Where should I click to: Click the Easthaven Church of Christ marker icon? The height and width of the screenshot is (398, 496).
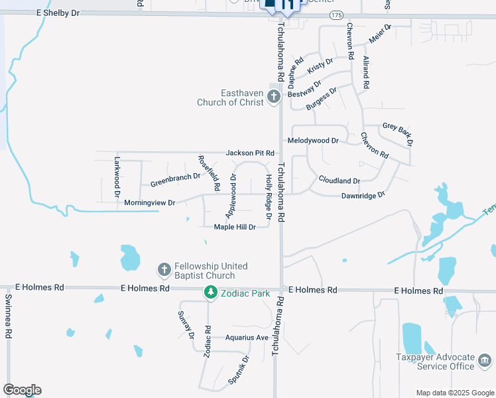(x=273, y=98)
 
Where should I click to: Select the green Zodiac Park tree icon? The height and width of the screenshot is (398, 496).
(x=211, y=292)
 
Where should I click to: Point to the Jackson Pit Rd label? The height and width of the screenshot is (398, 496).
(x=250, y=153)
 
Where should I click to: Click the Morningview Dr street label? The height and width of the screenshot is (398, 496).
(x=149, y=202)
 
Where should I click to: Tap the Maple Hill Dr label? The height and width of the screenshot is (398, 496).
(x=235, y=227)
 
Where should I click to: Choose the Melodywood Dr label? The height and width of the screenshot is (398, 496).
(x=313, y=141)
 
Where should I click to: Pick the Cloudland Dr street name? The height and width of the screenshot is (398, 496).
(x=339, y=180)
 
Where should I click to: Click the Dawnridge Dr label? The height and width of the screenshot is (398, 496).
(x=363, y=196)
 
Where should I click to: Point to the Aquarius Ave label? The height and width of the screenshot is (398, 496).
(x=246, y=338)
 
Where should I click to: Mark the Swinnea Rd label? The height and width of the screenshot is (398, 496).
(x=9, y=317)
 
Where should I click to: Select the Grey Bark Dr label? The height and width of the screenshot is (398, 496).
(x=399, y=133)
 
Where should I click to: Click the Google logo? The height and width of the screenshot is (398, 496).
(x=22, y=390)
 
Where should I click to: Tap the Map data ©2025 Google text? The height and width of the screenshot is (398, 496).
(x=455, y=393)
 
